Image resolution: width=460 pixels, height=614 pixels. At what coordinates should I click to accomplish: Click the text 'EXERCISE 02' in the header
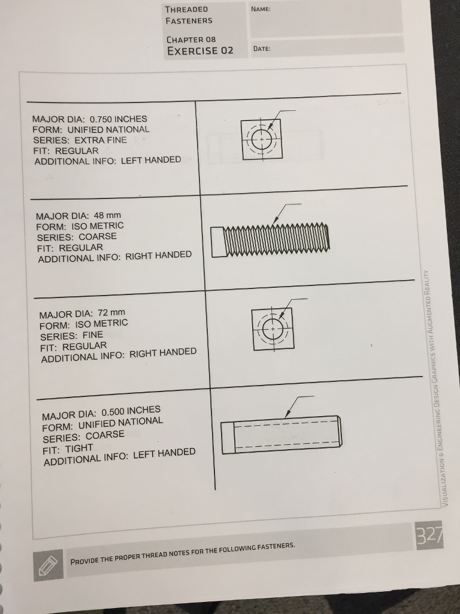200,50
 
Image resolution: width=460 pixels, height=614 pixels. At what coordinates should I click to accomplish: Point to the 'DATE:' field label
262,49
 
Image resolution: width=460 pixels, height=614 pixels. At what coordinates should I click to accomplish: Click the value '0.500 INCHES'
131,411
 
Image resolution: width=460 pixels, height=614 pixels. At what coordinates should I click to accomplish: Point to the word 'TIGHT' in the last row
79,448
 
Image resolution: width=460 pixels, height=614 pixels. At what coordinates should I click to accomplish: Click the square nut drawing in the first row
262,139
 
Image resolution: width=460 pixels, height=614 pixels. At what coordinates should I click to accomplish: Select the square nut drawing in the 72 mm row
273,329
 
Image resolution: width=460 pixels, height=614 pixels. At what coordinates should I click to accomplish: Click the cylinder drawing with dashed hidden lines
282,434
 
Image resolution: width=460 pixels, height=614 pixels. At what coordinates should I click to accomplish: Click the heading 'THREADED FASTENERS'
188,15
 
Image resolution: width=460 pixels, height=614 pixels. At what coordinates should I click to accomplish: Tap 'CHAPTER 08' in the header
190,39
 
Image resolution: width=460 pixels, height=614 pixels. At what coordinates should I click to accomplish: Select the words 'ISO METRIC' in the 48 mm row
98,226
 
